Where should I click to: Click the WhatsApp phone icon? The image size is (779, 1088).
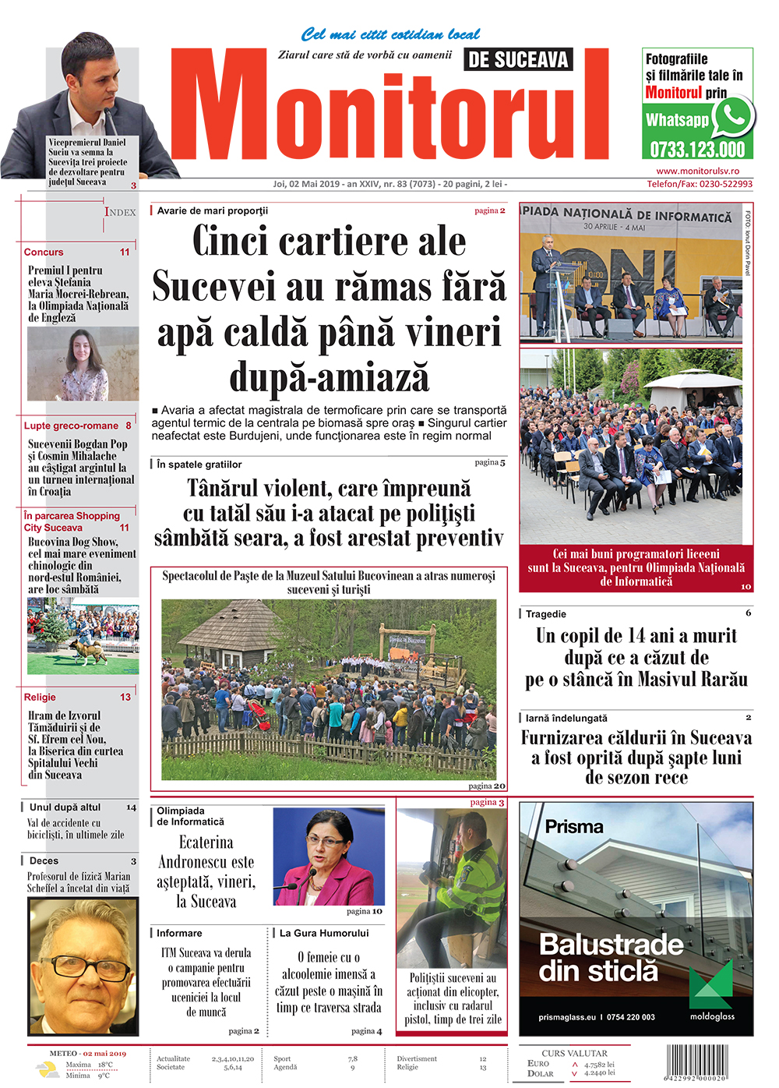733,117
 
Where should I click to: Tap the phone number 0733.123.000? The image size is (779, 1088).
697,150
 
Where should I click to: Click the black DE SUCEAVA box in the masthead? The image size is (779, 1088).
518,59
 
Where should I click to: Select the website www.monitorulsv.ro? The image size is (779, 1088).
697,171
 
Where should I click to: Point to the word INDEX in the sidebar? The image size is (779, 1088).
120,212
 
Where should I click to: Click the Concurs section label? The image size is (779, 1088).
44,253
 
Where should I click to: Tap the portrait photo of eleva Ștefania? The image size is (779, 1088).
83,363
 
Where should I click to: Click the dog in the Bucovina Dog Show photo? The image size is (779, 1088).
87,652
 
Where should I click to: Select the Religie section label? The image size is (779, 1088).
40,698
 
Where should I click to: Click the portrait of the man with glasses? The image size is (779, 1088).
83,965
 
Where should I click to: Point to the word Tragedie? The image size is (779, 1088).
545,614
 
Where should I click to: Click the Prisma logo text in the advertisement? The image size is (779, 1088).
574,827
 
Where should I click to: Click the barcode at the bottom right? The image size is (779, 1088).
697,1062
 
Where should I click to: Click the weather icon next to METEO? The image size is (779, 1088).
47,1069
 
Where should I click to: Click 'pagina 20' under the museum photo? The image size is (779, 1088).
487,786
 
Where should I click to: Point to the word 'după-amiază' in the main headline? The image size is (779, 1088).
329,378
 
